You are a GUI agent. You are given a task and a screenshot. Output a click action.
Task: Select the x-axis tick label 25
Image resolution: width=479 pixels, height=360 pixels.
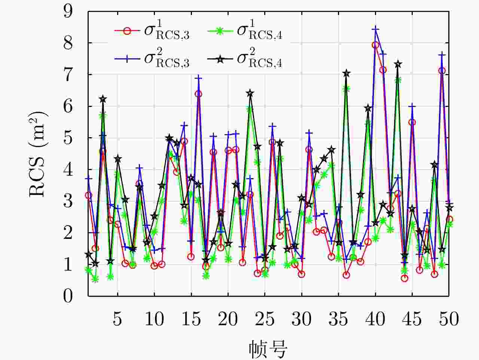[x=265, y=319]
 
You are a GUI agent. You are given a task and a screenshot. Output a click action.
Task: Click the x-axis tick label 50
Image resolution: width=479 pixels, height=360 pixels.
[x=449, y=319]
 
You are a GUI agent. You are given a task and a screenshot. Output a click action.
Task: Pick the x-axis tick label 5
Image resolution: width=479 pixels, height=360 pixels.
[x=118, y=319]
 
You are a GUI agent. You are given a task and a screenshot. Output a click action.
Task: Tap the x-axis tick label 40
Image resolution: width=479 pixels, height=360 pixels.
[x=375, y=319]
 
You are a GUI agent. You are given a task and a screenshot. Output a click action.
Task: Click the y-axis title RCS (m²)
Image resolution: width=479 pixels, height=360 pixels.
[x=38, y=154]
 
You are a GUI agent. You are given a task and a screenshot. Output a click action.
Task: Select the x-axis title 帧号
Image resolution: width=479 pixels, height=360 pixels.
[x=268, y=348]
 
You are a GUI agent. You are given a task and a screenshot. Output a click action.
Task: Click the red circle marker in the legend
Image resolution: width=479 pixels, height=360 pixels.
[x=127, y=31]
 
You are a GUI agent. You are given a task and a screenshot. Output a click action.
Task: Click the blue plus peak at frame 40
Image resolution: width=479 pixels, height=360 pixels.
[x=375, y=29]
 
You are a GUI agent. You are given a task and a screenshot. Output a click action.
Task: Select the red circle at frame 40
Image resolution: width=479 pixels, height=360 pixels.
[x=375, y=45]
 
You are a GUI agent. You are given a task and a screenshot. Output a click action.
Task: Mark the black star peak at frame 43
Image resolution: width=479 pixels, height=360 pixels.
[x=398, y=64]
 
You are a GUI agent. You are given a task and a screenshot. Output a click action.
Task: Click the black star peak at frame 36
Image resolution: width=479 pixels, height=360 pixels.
[x=346, y=73]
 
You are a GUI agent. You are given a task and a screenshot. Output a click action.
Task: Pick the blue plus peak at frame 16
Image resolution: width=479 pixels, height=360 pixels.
[x=199, y=78]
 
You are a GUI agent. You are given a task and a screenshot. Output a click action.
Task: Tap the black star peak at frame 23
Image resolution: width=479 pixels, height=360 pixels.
[x=250, y=93]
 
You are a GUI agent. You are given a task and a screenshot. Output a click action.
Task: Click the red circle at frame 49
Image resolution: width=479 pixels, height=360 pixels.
[x=442, y=70]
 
